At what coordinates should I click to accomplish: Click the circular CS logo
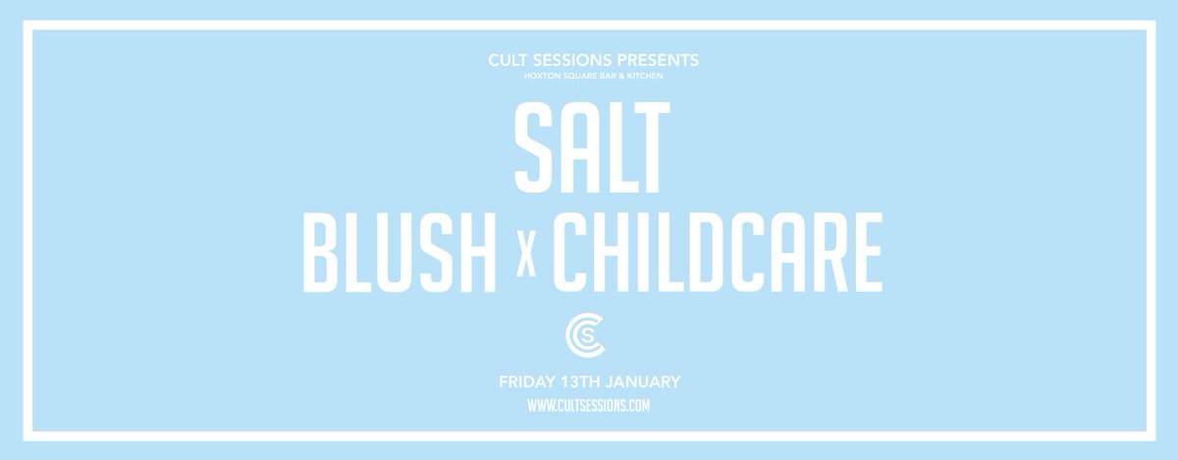pyautogui.click(x=588, y=338)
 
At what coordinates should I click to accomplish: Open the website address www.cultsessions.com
pyautogui.click(x=588, y=405)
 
